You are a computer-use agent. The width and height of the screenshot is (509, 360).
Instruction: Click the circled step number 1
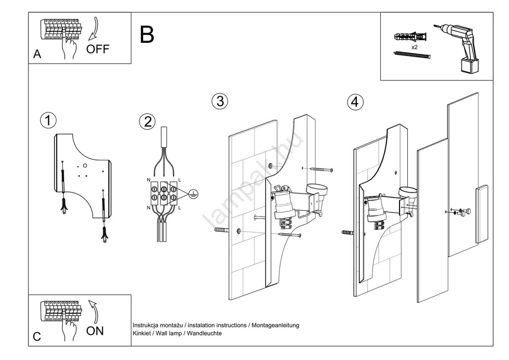pos(48,121)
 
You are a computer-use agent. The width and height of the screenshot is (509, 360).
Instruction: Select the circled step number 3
pos(220,101)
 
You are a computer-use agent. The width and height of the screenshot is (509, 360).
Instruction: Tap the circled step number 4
pos(356,102)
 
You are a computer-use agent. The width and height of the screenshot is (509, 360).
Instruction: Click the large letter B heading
pos(147,35)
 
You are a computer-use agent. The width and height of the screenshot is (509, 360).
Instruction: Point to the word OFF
pos(97,49)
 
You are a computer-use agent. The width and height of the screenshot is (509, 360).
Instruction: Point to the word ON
pos(95,331)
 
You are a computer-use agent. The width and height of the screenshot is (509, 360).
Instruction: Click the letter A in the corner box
pos(37,55)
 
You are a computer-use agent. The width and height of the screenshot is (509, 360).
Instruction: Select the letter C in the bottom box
pos(37,337)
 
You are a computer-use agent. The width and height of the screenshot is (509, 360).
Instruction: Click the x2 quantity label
pos(414,47)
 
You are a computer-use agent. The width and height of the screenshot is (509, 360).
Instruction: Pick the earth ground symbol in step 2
pos(193,193)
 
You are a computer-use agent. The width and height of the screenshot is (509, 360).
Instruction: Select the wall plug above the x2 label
pos(409,37)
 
